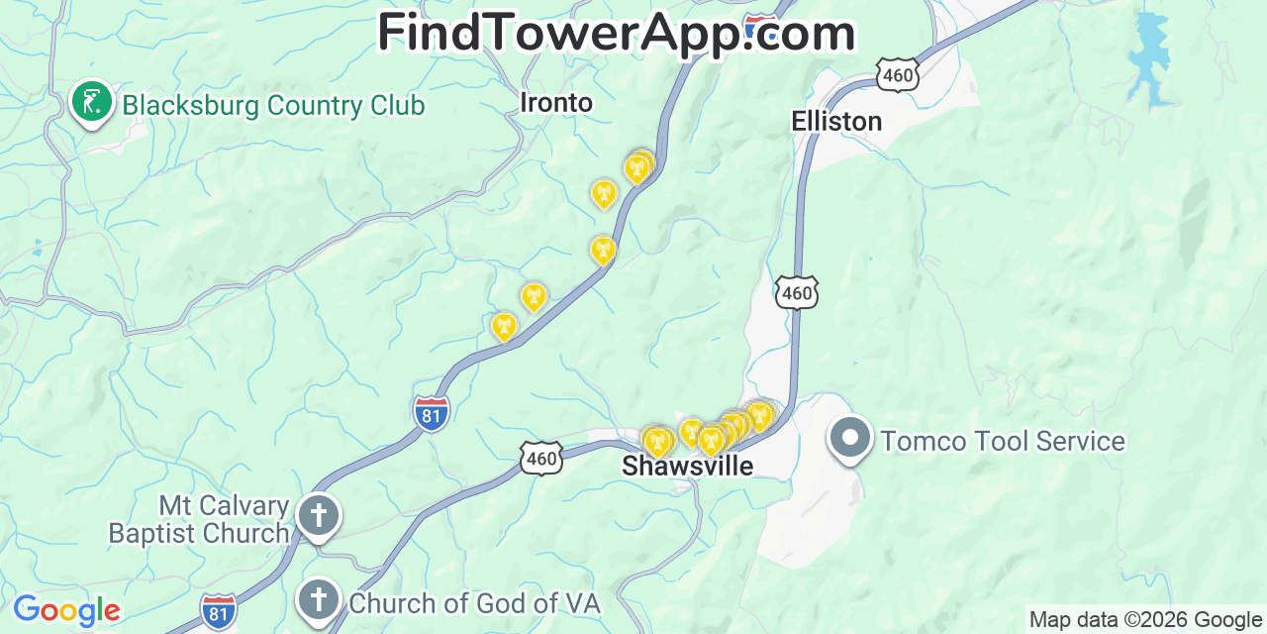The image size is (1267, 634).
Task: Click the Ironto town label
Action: point(556,103)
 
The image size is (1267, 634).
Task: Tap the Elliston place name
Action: point(836,121)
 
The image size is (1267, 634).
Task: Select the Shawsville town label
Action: point(687,467)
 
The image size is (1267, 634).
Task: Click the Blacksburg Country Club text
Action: point(273,105)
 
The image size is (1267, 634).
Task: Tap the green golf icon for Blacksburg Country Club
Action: point(92,102)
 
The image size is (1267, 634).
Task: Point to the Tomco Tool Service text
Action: point(1003,441)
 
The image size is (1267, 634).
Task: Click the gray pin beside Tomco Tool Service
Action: point(849,439)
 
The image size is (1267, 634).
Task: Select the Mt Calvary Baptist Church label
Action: point(199,520)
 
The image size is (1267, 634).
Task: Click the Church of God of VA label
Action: point(474,602)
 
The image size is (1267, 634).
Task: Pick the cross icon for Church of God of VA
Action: point(319,599)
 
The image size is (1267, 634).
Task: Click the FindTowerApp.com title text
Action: point(616,33)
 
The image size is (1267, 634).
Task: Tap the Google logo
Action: point(66,610)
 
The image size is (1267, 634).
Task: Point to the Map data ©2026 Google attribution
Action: point(1145,620)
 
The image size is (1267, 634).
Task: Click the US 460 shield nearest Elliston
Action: point(897,74)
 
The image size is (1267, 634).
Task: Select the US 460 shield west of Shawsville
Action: point(541,457)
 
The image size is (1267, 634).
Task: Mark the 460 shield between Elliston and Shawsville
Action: point(797,292)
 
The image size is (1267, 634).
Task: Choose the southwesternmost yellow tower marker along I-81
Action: point(504,325)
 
